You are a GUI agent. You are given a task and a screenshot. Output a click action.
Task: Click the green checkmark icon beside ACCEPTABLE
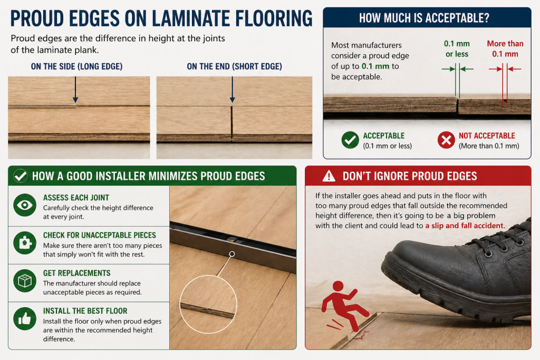click(x=350, y=140)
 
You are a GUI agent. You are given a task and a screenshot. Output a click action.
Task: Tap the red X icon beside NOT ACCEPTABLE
click(x=446, y=140)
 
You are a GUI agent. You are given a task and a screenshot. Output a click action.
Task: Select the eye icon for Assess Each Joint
click(x=25, y=205)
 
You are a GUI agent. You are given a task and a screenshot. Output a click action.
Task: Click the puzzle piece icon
click(x=25, y=243)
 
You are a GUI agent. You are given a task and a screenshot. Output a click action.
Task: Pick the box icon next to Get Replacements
click(x=25, y=281)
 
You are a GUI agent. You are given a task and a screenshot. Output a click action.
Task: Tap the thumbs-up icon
click(x=25, y=319)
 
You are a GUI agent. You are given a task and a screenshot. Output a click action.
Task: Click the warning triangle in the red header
click(x=329, y=176)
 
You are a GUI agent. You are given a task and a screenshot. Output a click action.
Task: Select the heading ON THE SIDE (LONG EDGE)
click(x=77, y=66)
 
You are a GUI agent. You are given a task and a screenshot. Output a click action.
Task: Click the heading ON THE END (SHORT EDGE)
click(x=235, y=66)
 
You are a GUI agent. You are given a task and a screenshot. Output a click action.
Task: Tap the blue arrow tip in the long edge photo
click(x=75, y=102)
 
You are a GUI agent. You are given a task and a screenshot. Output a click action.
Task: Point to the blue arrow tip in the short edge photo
click(x=233, y=102)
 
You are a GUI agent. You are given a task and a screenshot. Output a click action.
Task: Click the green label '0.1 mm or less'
click(x=457, y=49)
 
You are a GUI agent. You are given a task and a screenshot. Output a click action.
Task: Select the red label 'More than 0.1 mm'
click(x=505, y=49)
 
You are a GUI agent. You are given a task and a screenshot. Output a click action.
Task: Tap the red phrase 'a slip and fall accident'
click(x=465, y=226)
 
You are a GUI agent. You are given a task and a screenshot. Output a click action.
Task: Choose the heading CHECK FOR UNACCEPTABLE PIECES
click(x=100, y=235)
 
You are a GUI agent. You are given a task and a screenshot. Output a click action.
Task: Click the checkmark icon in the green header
click(x=21, y=176)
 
